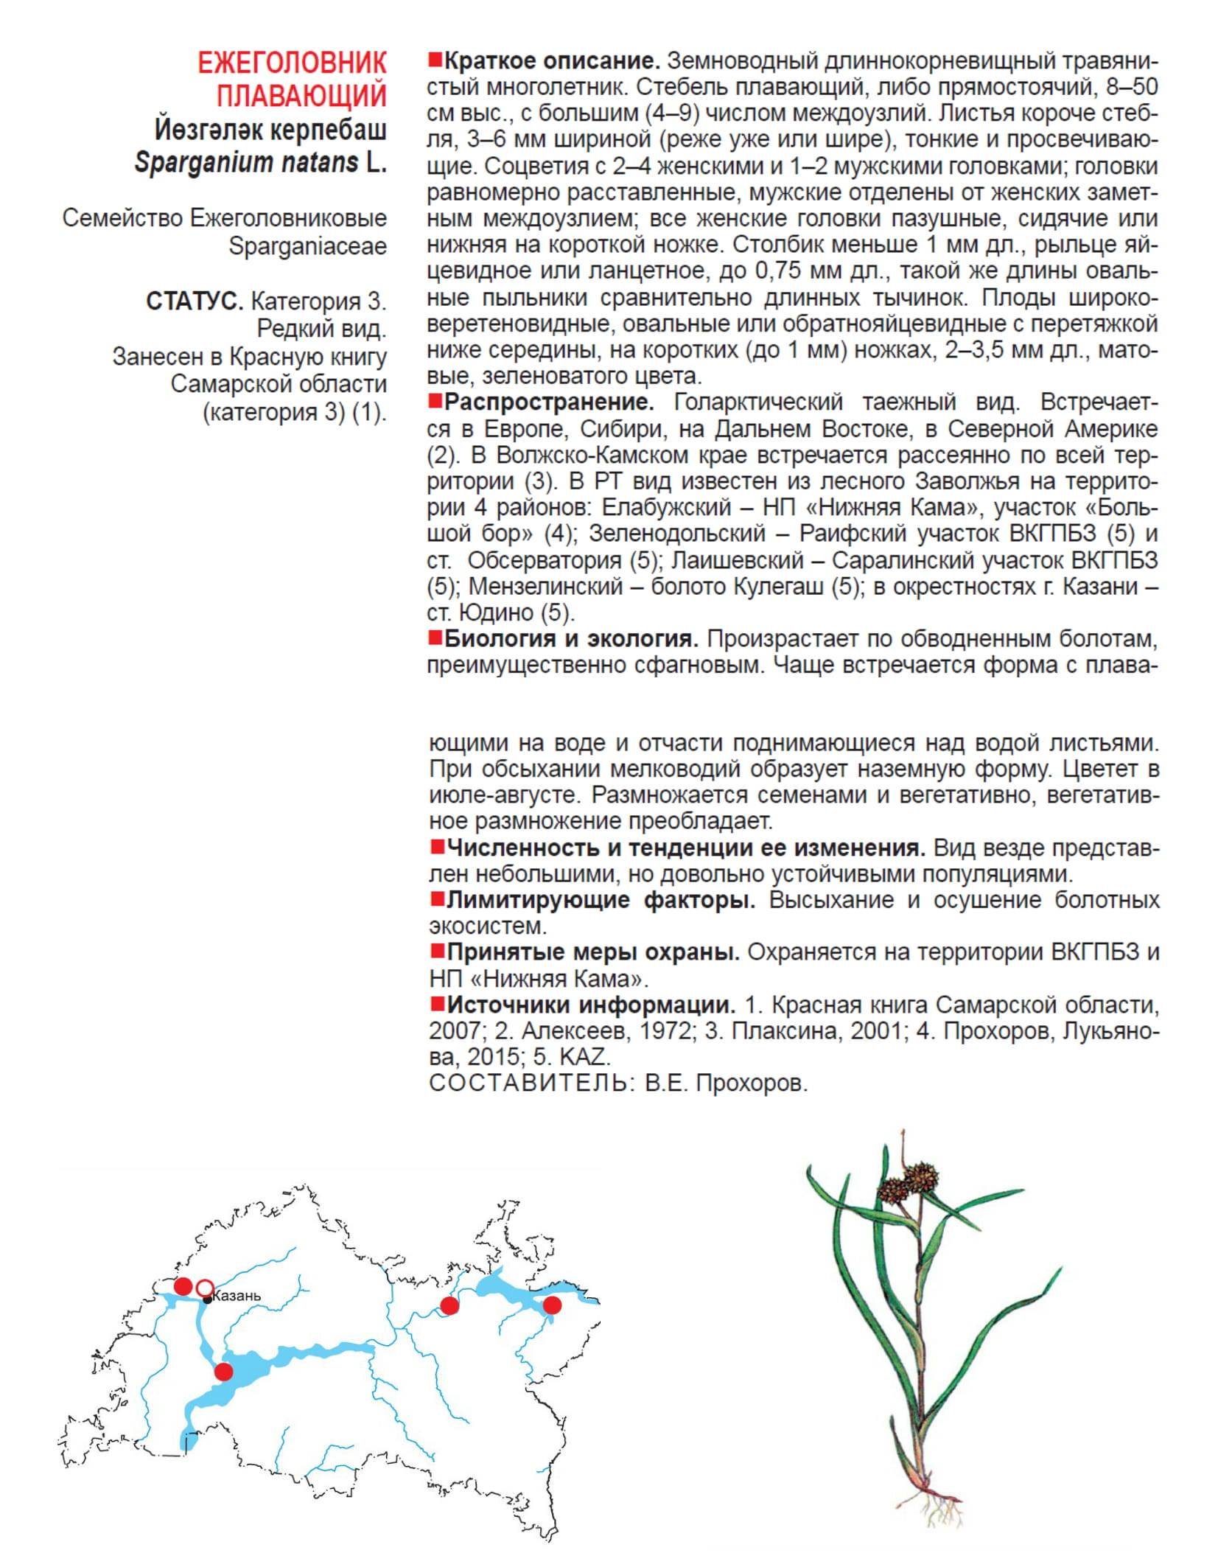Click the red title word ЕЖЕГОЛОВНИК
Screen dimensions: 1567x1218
(292, 63)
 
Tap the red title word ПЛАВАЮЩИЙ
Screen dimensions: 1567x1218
(301, 96)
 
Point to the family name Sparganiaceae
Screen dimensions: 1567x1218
(307, 246)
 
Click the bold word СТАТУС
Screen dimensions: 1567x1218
(195, 301)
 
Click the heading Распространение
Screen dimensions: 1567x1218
(549, 402)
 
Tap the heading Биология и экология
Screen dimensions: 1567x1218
(571, 638)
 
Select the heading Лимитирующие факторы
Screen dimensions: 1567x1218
(601, 900)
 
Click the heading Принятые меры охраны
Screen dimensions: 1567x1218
(593, 952)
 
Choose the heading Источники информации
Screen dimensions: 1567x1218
(591, 1005)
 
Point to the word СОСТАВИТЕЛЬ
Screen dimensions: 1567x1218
(528, 1083)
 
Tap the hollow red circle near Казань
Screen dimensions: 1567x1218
(205, 1288)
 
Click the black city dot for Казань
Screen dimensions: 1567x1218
(208, 1299)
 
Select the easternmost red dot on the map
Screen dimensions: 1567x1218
(552, 1305)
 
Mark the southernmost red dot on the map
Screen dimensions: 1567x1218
(223, 1372)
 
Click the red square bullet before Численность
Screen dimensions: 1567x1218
(438, 847)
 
